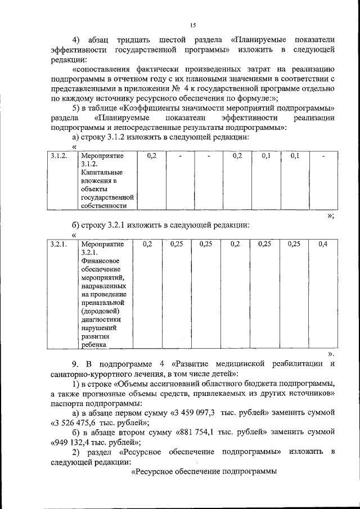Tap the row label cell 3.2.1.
(x=58, y=245)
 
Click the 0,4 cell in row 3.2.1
(x=323, y=244)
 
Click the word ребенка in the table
(x=94, y=345)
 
